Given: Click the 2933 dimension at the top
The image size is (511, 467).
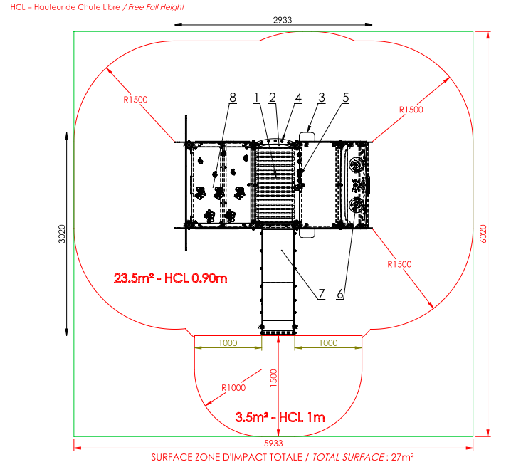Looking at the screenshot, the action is pos(283,20).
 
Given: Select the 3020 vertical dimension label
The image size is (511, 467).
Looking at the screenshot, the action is pos(62,233).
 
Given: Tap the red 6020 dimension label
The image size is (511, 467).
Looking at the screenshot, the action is pos(483,233).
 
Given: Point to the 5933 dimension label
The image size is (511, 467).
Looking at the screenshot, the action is pos(273,444).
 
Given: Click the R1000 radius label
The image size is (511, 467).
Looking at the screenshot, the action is pos(233,387).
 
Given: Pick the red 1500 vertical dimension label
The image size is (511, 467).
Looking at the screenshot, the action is pos(274,378).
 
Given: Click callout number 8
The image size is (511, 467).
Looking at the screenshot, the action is pos(233,98).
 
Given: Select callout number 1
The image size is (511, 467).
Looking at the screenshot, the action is pos(256,98).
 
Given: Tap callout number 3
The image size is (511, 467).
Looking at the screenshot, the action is pos(322,98).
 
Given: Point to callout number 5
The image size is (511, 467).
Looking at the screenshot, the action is pos(346,98).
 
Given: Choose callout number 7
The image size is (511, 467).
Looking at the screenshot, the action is pos(321,294).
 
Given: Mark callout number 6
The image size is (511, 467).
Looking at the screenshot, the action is pos(340,294).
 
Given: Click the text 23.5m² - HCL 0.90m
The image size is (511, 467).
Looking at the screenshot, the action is pos(170,278).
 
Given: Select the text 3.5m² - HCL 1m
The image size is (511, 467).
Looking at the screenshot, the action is pos(280,417).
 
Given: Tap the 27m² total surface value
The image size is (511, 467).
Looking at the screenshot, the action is pos(403,457).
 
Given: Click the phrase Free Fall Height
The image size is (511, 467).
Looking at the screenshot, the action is pos(157,7).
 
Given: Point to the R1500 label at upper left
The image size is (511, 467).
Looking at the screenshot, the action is pos(135,100).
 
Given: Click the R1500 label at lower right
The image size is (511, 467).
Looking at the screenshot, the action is pos(399,264).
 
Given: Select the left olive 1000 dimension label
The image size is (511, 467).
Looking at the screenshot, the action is pos(228,343).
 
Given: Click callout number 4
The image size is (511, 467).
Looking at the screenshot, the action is pos(298,98).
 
